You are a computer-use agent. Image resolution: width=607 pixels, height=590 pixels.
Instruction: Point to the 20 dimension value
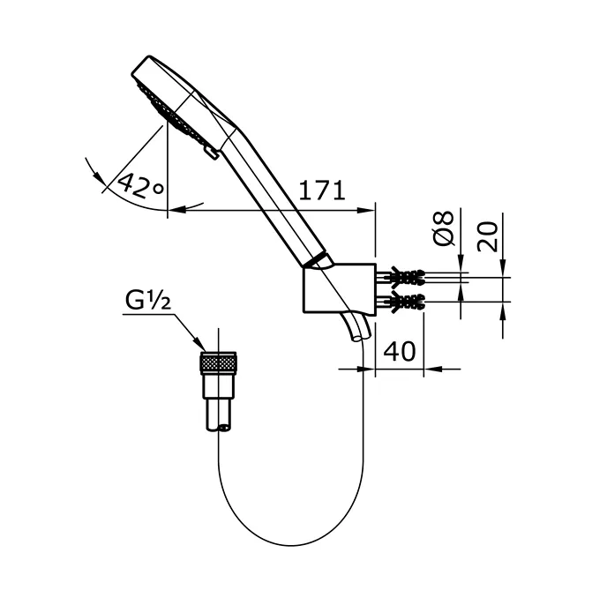491,235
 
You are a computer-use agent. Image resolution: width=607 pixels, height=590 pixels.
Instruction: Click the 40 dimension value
400,351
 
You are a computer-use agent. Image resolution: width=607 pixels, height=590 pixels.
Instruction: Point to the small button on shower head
209,154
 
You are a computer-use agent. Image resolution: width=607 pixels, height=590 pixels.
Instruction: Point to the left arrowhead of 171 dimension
174,210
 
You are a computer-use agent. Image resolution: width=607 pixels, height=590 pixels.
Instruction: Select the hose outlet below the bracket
356,328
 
